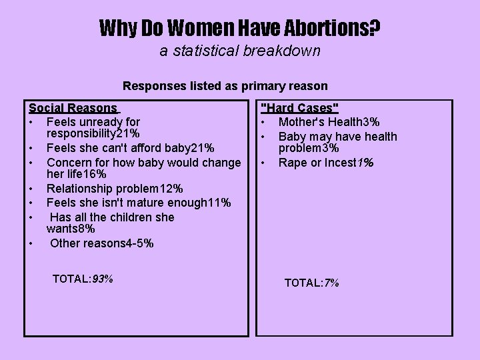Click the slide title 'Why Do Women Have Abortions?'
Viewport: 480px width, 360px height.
[x=240, y=27]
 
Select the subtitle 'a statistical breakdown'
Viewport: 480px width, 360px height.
[x=240, y=51]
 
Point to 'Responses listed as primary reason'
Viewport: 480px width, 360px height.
[x=225, y=85]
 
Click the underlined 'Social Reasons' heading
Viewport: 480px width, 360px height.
[x=73, y=108]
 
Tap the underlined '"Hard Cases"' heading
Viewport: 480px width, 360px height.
[x=299, y=109]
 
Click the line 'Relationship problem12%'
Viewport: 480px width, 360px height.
[x=115, y=189]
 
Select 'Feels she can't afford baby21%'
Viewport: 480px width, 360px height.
[x=130, y=148]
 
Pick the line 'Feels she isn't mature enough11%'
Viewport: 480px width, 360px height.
[x=139, y=203]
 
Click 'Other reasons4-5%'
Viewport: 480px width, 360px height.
[x=101, y=243]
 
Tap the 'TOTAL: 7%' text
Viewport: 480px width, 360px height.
[x=311, y=283]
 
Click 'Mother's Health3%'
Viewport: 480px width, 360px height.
[x=329, y=122]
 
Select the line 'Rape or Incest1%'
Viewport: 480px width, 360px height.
[x=325, y=163]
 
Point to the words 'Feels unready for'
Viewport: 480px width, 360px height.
[x=93, y=122]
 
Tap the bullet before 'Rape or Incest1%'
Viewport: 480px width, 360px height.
[x=264, y=163]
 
